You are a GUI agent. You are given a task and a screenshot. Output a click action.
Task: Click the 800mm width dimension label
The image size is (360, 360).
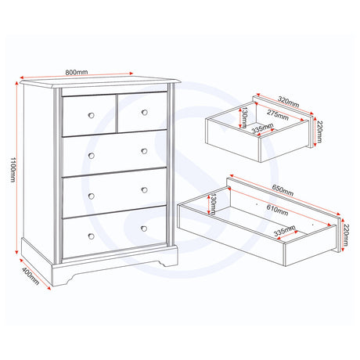77,72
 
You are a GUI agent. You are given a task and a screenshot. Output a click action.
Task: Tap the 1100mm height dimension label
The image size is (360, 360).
13,170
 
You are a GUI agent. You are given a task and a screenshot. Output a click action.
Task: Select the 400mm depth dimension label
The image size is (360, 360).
31,276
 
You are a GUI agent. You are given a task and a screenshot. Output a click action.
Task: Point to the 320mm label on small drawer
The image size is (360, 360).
288,102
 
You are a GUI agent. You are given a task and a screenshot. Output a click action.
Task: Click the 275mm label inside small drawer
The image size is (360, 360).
278,115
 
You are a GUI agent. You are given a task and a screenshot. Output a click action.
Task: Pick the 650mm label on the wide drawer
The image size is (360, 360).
283,190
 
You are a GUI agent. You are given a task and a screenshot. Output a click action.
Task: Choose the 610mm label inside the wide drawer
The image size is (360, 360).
277,211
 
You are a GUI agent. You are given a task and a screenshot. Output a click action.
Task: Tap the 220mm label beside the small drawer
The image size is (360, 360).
319,131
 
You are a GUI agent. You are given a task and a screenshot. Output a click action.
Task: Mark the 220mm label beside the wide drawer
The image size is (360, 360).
345,235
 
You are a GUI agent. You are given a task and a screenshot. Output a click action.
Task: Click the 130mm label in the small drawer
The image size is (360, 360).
244,118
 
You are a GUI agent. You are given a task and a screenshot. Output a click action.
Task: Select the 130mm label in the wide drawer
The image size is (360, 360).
213,204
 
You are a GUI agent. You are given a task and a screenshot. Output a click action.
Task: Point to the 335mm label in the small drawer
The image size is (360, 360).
262,128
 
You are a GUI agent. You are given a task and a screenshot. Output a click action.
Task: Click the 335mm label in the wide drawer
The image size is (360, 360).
285,231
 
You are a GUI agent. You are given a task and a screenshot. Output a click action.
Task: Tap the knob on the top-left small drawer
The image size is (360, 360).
92,115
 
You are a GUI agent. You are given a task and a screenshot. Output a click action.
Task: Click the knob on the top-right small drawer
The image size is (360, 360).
145,113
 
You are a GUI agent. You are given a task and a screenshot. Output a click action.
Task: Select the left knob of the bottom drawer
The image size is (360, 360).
92,236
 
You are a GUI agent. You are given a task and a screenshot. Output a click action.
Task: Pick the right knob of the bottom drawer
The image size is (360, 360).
144,229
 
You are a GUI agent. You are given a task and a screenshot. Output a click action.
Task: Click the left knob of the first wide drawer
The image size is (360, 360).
92,156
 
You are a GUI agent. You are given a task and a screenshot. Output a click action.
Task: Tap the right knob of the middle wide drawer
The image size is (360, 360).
144,190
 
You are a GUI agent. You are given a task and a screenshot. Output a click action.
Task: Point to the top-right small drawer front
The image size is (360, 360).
142,113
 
